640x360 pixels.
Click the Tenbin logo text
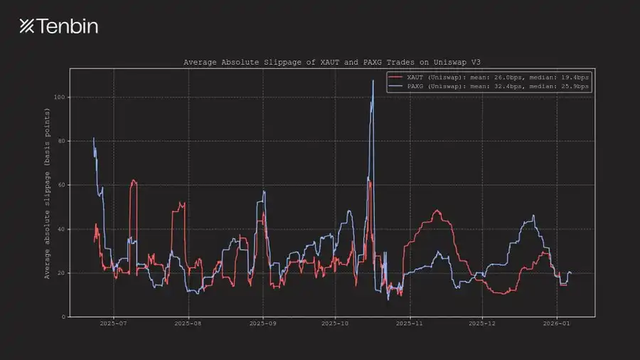coord(58,26)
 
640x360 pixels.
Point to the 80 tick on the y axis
coord(62,141)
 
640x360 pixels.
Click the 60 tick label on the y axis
coord(62,185)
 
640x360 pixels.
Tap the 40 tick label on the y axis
coord(62,229)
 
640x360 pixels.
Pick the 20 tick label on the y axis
coord(62,273)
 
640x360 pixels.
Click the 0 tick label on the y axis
coord(63,317)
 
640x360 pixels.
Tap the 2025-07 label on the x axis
coord(113,324)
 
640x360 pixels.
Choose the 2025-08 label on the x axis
coord(188,324)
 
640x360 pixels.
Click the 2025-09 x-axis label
coord(263,324)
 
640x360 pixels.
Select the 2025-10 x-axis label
coord(336,324)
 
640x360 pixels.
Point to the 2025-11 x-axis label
coord(410,324)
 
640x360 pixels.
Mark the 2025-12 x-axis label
coord(483,324)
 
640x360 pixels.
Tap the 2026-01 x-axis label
coord(557,324)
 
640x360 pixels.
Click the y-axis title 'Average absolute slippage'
coord(48,194)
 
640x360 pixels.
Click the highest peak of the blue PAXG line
coord(373,80)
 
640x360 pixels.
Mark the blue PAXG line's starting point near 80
coord(94,139)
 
